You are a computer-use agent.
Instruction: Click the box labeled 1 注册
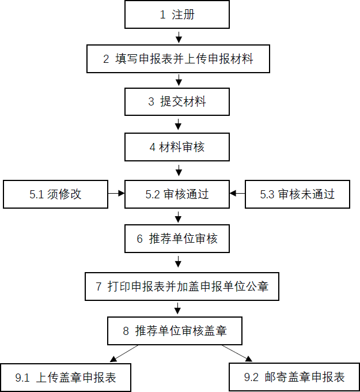tap(177, 14)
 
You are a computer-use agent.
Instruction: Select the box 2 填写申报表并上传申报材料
tap(178, 59)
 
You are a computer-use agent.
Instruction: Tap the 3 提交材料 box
tap(177, 101)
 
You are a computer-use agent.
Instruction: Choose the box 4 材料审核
tap(177, 147)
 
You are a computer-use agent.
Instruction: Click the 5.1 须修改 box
tap(55, 194)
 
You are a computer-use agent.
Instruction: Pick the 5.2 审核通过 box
tap(177, 194)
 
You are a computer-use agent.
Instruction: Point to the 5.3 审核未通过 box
tap(297, 194)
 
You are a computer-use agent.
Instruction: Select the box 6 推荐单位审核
tap(177, 239)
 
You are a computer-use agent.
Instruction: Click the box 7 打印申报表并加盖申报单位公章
tap(182, 287)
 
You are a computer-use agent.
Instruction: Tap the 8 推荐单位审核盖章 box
tap(175, 331)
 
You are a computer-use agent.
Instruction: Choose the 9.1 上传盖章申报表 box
tap(66, 378)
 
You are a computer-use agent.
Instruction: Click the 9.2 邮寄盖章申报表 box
tap(294, 377)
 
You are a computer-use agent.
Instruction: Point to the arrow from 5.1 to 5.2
tap(116, 193)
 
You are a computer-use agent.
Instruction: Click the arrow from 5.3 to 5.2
tap(237, 193)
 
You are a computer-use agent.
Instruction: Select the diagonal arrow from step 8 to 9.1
tap(124, 353)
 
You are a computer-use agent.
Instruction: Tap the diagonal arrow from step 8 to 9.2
tap(237, 353)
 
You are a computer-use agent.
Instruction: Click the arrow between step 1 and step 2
tap(179, 37)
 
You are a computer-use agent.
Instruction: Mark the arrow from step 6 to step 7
tap(178, 262)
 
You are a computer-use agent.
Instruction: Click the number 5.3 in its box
tap(267, 194)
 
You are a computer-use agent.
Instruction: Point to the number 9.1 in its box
tap(22, 378)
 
